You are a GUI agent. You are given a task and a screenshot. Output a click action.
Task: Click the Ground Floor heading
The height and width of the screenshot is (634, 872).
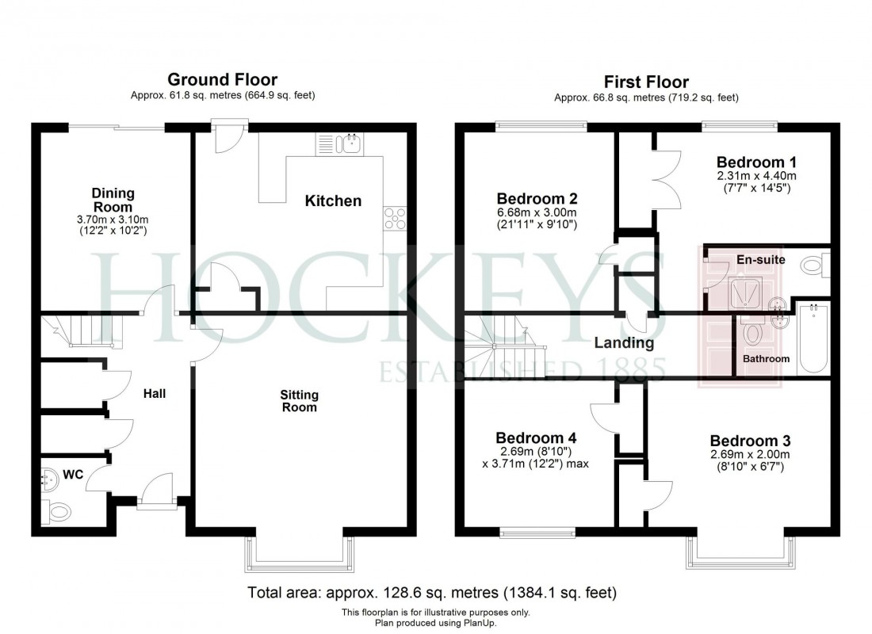point(222,79)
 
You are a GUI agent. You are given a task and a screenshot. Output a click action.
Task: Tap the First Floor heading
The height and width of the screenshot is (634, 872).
point(646,82)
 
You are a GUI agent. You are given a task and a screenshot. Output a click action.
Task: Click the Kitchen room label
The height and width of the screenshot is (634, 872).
point(333,201)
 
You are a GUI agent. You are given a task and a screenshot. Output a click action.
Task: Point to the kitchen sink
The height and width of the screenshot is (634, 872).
point(350,143)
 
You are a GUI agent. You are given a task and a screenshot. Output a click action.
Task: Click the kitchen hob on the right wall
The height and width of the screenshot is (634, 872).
point(394,218)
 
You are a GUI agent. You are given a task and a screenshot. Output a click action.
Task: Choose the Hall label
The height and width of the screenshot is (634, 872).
point(154,393)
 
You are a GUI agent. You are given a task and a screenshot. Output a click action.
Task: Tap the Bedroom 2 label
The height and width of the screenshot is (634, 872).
point(536,199)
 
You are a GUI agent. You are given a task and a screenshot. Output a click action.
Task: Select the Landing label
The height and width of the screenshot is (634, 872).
point(625,343)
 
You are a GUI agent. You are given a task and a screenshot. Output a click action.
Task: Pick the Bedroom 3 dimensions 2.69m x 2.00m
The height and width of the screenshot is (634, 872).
point(749,455)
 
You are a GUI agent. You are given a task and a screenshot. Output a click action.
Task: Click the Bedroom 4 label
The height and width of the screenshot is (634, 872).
point(536,438)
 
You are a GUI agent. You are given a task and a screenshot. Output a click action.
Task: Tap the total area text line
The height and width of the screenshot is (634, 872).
point(432,592)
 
